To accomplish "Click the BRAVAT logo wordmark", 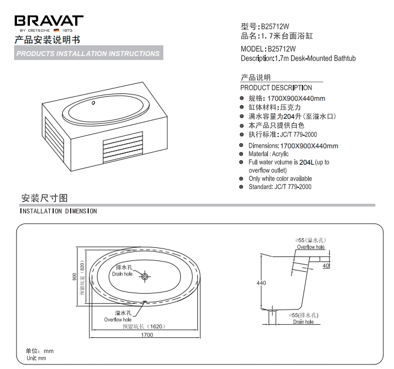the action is coord(49,20).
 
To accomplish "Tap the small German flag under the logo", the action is coord(57,31).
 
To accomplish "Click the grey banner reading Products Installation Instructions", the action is coord(88,53).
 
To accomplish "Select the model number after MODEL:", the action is coord(282,49).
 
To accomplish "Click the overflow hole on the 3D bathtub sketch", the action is coord(93,102).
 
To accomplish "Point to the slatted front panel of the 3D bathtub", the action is coord(123,147).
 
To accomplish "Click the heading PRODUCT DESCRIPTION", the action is coord(276,88).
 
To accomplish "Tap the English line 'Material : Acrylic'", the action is coord(269,154).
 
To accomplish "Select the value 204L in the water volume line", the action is coord(307,162).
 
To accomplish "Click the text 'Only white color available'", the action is coord(280,179).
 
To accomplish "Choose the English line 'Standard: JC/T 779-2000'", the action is coord(280,187).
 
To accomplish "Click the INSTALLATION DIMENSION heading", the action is coord(58,211).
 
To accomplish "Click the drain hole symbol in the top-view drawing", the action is coord(145,276).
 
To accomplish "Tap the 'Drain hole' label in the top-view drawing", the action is coord(122,274).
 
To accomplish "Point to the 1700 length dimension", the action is coord(147,335).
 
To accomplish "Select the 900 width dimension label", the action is coord(74,277).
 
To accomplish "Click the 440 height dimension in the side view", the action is coord(261,283).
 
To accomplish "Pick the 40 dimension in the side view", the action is coord(326,265).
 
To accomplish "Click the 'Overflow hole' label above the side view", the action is coord(311,247).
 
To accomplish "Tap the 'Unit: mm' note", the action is coord(36,358).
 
